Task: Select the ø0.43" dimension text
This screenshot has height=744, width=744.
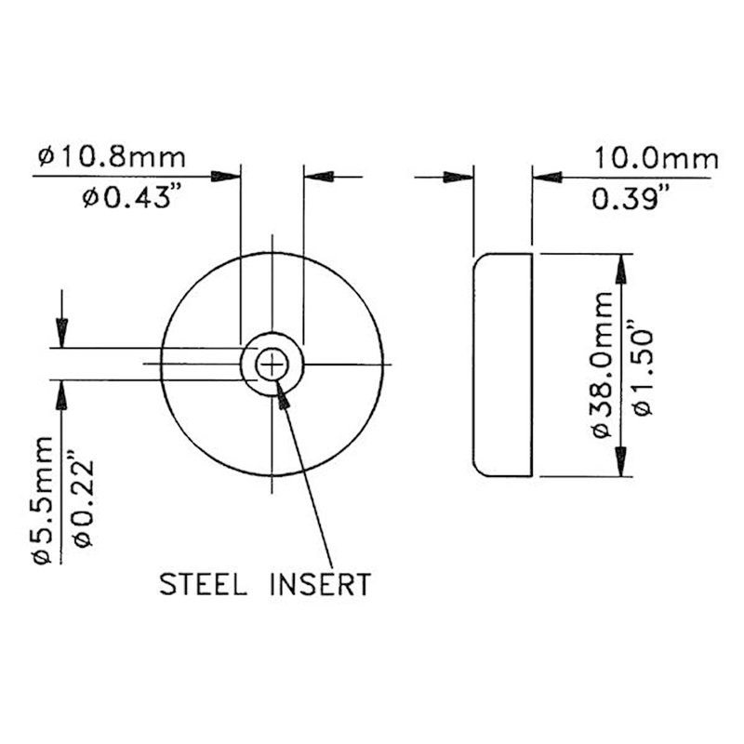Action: [x=129, y=198]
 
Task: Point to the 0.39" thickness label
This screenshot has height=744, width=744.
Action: [x=629, y=197]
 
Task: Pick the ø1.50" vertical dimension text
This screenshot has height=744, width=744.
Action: [x=641, y=366]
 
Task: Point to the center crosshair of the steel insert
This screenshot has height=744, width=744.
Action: [x=272, y=365]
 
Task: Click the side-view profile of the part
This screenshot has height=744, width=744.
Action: [x=502, y=365]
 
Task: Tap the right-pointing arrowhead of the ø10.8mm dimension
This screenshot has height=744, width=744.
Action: [x=227, y=176]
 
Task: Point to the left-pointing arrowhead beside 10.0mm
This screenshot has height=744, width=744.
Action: [x=545, y=176]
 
